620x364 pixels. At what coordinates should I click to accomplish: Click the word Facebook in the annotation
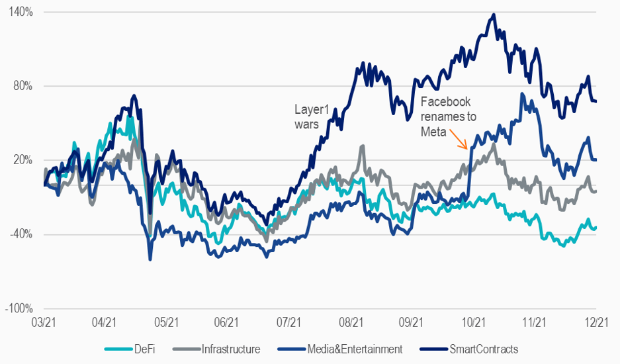click(446, 101)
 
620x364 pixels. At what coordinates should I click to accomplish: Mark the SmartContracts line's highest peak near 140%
click(492, 15)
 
